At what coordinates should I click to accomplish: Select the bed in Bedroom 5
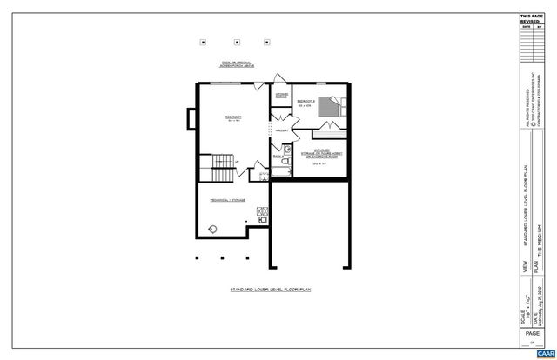[329, 107]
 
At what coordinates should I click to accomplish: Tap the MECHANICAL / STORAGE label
[226, 199]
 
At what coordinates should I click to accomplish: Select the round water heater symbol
[212, 229]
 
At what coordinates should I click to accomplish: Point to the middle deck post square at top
[237, 40]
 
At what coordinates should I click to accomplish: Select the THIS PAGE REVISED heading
[530, 19]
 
